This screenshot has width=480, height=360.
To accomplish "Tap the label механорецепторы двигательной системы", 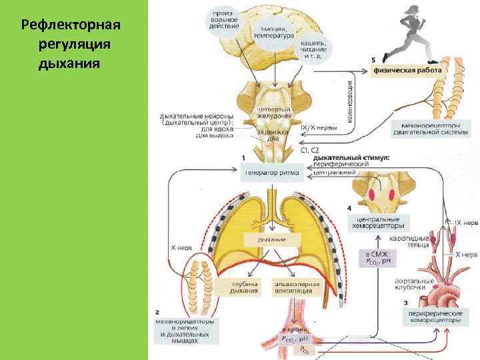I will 434,128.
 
